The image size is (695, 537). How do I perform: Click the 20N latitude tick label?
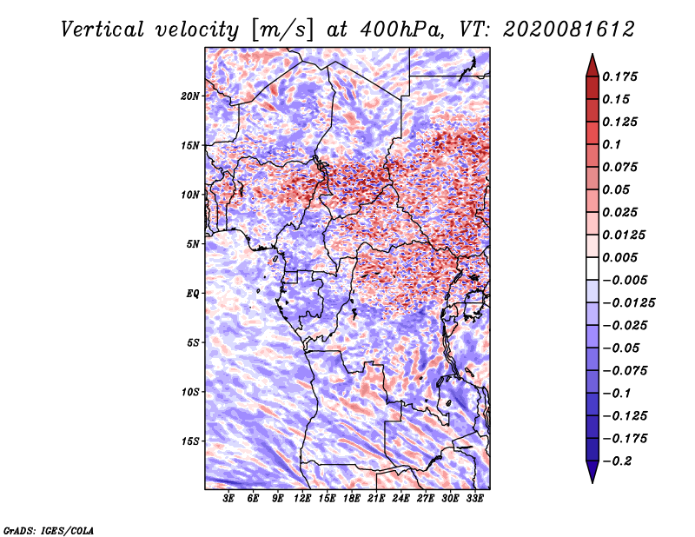point(189,96)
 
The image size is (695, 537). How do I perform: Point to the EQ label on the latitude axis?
point(192,294)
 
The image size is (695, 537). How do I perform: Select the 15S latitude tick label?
point(189,441)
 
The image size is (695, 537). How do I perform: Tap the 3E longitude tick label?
point(228,498)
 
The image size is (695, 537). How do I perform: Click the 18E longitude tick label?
point(352,498)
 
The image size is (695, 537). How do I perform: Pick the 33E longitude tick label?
point(474,498)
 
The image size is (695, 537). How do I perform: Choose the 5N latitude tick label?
point(193,244)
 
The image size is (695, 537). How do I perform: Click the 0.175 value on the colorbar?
point(619,76)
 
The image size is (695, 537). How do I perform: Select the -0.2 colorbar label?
point(617,461)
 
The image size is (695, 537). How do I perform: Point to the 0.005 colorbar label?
point(619,257)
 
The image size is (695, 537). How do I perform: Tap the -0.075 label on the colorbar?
point(625,371)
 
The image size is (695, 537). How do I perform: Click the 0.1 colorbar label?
point(612,144)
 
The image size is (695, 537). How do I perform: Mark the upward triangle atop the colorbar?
point(592,65)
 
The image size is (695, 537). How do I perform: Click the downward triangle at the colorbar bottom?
point(592,471)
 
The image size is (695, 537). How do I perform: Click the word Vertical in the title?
point(103,30)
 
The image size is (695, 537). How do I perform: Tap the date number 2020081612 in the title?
point(569,30)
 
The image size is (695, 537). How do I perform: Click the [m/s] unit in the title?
point(282,30)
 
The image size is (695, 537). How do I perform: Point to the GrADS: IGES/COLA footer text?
point(49,530)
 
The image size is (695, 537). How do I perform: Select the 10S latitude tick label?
point(189,392)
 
